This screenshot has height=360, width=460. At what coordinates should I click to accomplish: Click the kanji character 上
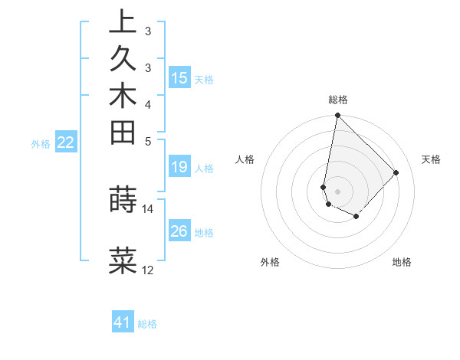point(123,23)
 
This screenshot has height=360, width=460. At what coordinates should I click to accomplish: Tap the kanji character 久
point(123,60)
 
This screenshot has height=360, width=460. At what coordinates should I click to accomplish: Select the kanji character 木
point(123,97)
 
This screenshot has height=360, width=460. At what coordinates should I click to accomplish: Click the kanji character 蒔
point(123,198)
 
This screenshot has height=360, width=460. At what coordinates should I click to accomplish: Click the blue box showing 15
point(179,77)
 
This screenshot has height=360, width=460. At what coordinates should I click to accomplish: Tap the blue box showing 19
point(179,167)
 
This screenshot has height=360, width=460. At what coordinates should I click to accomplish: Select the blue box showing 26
point(179,231)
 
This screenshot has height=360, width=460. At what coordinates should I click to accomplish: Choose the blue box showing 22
point(66,142)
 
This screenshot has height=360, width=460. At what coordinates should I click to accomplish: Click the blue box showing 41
point(123,322)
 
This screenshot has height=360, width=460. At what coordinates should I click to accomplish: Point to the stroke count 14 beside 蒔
point(148,208)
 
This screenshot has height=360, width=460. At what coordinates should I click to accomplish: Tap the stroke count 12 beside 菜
point(148,270)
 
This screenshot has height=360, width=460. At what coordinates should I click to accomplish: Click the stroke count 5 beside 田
point(148,141)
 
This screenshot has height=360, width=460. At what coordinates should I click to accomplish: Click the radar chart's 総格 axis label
point(338,100)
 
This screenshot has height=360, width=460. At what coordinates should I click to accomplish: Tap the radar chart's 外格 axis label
point(271,262)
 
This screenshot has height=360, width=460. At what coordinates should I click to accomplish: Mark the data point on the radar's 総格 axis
point(337,116)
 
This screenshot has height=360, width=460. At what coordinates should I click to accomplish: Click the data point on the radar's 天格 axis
point(396,172)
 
